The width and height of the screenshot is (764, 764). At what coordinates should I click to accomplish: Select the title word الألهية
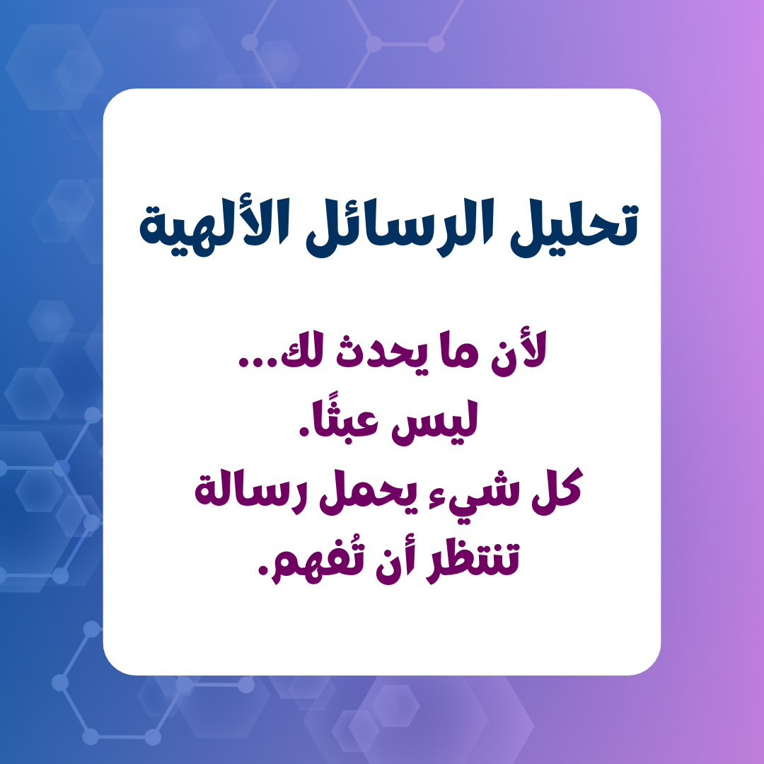pyautogui.click(x=214, y=226)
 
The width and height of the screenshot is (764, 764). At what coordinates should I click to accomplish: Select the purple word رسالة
pyautogui.click(x=250, y=492)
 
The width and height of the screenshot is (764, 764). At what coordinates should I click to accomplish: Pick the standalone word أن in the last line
pyautogui.click(x=395, y=562)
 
